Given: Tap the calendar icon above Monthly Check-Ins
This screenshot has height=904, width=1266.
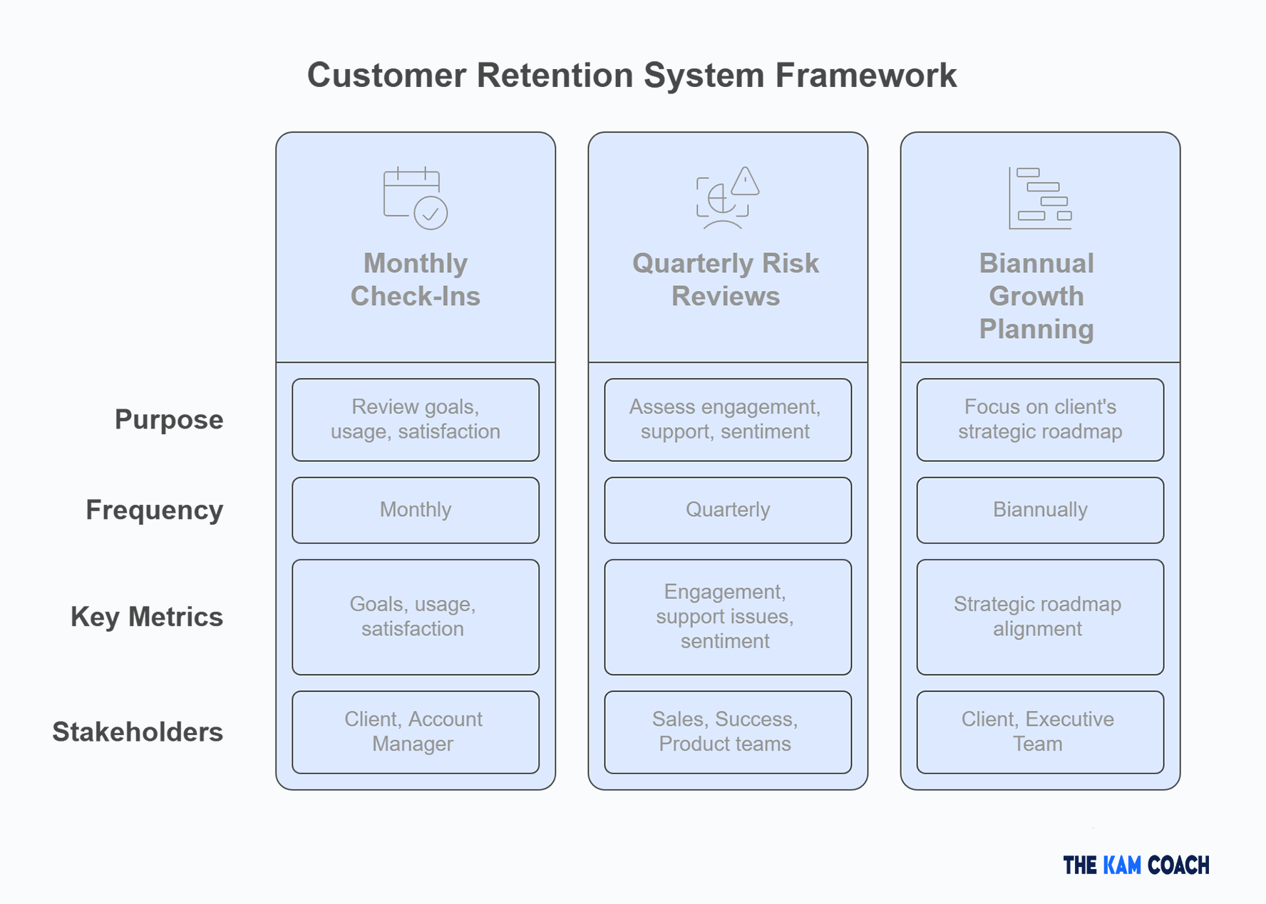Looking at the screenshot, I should (414, 197).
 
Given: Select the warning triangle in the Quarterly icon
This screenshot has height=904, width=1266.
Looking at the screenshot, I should (745, 182).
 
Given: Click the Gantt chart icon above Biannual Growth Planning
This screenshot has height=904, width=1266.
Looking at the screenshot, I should (1039, 198).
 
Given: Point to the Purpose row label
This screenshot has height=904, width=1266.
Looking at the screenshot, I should (169, 420).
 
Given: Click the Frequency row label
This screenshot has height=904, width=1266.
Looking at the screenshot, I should (154, 510).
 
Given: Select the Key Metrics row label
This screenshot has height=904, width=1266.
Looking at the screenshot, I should (146, 617).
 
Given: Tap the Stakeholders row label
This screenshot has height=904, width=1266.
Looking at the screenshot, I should (138, 732).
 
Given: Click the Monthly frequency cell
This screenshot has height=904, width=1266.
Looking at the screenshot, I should (416, 510).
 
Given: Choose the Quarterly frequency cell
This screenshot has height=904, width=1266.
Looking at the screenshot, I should (727, 510).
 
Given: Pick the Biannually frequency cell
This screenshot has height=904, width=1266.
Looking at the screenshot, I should (1039, 510).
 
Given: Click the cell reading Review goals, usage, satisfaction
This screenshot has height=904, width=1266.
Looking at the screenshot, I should (416, 419).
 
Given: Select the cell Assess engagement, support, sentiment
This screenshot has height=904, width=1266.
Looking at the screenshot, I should (727, 419).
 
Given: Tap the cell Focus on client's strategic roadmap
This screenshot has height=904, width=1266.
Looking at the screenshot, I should (1039, 419).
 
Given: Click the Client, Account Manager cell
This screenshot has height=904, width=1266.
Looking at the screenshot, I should (416, 731).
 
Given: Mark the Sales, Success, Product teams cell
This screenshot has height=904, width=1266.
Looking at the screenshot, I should (727, 731).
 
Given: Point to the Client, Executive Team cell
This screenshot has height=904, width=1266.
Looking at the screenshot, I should (1039, 731).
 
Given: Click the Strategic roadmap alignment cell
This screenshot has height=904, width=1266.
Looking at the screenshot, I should (1039, 617).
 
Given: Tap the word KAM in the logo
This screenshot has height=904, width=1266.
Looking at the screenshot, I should (1122, 866).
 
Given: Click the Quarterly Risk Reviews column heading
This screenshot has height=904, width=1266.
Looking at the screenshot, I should (726, 279).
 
